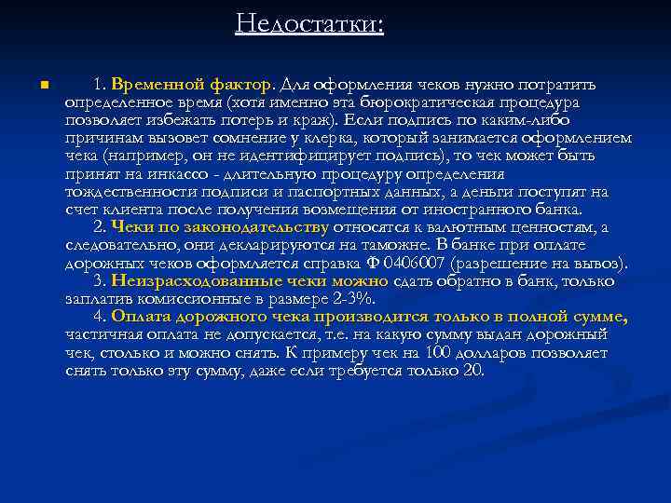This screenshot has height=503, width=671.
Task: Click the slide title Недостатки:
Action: pyautogui.click(x=309, y=22)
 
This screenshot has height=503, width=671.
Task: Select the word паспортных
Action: pyautogui.click(x=351, y=191)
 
